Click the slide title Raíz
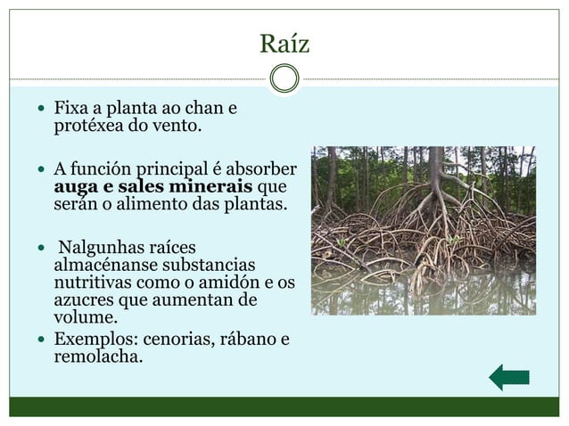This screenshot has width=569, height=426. pos(284,41)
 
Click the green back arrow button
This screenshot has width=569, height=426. pos(509,377)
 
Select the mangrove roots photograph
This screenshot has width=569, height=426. pos(423,230)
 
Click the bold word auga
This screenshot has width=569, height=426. pos(78,186)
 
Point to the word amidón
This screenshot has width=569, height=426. pos(220,283)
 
